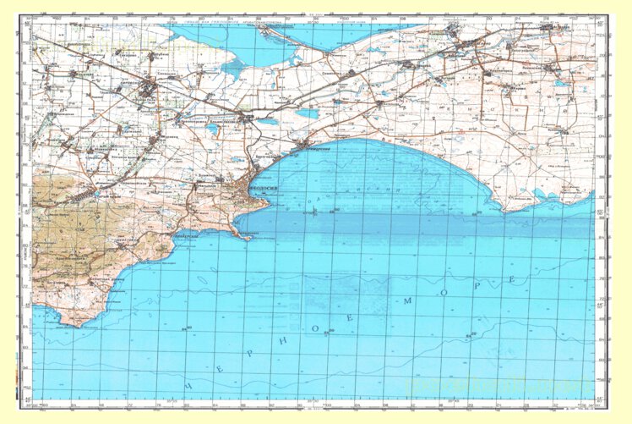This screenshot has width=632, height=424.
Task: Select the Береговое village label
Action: pyautogui.click(x=265, y=157)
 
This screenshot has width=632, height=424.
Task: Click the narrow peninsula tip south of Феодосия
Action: pyautogui.click(x=248, y=238)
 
